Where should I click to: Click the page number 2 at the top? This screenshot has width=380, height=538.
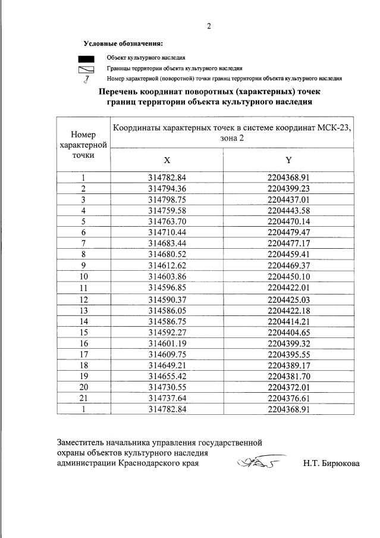click(x=209, y=26)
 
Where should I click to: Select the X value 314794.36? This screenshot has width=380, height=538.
click(x=167, y=188)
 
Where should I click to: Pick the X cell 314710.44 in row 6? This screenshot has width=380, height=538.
click(x=167, y=231)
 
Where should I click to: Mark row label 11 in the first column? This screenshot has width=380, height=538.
click(x=84, y=287)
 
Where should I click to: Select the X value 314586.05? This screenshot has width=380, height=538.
click(x=167, y=311)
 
